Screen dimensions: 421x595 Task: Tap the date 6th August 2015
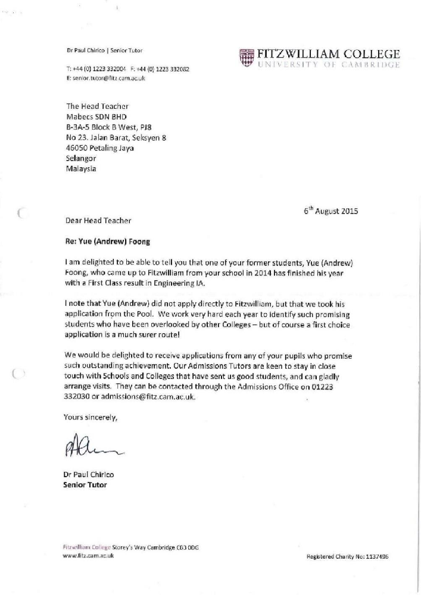tap(330, 211)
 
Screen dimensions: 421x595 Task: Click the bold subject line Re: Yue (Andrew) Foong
tap(108, 242)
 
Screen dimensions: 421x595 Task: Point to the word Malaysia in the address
tap(81, 169)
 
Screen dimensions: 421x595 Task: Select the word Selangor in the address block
tap(81, 159)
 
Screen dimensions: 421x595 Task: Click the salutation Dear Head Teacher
tap(98, 221)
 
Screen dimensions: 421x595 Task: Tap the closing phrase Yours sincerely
tap(91, 418)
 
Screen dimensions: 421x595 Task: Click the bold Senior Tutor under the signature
tap(85, 484)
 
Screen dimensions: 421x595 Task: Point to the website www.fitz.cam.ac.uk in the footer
tap(88, 556)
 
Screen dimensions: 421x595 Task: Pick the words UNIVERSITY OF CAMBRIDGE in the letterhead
tap(329, 64)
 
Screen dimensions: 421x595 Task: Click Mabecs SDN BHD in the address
tap(96, 117)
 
